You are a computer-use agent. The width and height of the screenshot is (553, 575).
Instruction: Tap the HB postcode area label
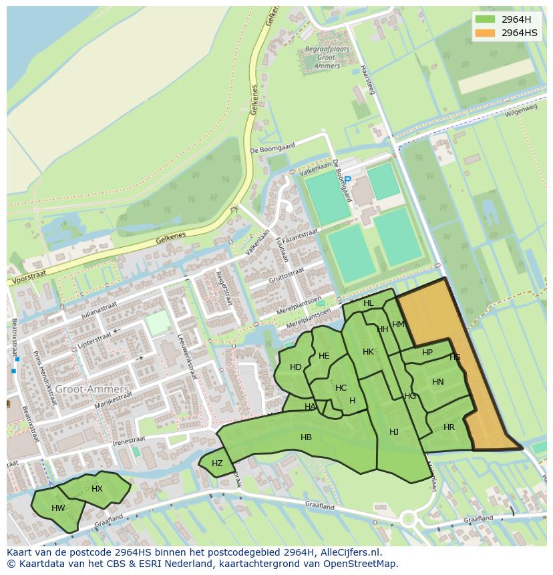click(x=306, y=437)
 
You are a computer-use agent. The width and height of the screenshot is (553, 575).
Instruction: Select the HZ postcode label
click(x=217, y=463)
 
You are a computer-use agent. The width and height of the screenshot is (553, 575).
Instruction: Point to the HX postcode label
click(x=97, y=489)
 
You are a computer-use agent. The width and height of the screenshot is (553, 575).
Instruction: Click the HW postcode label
click(x=58, y=508)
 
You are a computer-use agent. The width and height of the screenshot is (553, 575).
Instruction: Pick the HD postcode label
click(x=295, y=367)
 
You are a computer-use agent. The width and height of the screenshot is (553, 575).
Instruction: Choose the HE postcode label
click(x=324, y=356)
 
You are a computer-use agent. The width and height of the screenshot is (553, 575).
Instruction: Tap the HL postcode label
click(x=369, y=303)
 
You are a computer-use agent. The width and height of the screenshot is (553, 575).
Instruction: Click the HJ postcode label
click(x=394, y=432)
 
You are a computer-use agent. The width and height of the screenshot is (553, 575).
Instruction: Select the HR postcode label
click(x=449, y=427)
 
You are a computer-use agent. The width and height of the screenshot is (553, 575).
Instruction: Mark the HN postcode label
click(x=437, y=382)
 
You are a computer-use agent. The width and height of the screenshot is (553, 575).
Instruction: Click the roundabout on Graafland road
click(x=407, y=519)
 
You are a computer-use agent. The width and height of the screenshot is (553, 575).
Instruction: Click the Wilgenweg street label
click(x=522, y=110)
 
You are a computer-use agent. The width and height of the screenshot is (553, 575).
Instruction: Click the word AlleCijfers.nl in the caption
click(x=347, y=552)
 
